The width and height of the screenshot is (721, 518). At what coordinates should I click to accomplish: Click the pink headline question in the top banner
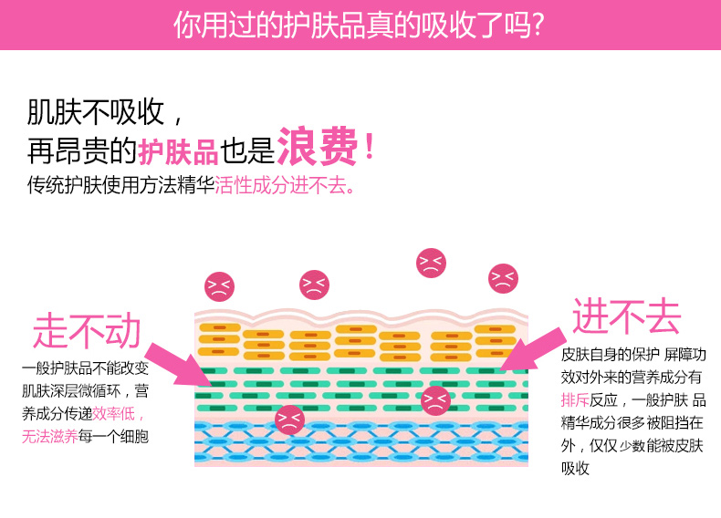point(359,25)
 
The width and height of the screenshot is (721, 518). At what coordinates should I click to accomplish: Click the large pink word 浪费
point(318,146)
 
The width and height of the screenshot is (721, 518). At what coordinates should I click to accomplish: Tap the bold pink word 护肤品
point(178,151)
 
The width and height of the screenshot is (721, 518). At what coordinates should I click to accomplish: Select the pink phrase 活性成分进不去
point(284,185)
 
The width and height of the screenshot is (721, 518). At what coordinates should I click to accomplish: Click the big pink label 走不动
point(87,330)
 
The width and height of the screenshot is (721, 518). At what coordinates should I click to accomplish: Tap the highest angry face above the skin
point(431,263)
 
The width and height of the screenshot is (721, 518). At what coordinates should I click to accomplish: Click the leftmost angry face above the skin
point(219,286)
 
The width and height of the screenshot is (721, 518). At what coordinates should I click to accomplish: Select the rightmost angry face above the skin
point(503,278)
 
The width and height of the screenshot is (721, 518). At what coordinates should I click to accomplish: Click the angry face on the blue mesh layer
point(289,420)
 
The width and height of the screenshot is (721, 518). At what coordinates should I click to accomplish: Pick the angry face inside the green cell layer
point(435,400)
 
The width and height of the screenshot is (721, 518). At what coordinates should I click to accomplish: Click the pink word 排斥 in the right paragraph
point(575,399)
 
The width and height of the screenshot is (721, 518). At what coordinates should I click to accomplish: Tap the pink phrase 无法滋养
point(49,436)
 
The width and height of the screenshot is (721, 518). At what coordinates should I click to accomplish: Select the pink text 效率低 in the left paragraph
point(113,413)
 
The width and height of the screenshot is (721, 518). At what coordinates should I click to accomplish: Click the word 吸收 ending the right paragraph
point(575,468)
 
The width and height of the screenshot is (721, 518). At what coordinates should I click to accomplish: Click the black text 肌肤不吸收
point(95,111)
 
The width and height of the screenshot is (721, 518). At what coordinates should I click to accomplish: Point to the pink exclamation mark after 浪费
point(369,147)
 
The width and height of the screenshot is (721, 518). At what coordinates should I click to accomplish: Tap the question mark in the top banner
point(538,25)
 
